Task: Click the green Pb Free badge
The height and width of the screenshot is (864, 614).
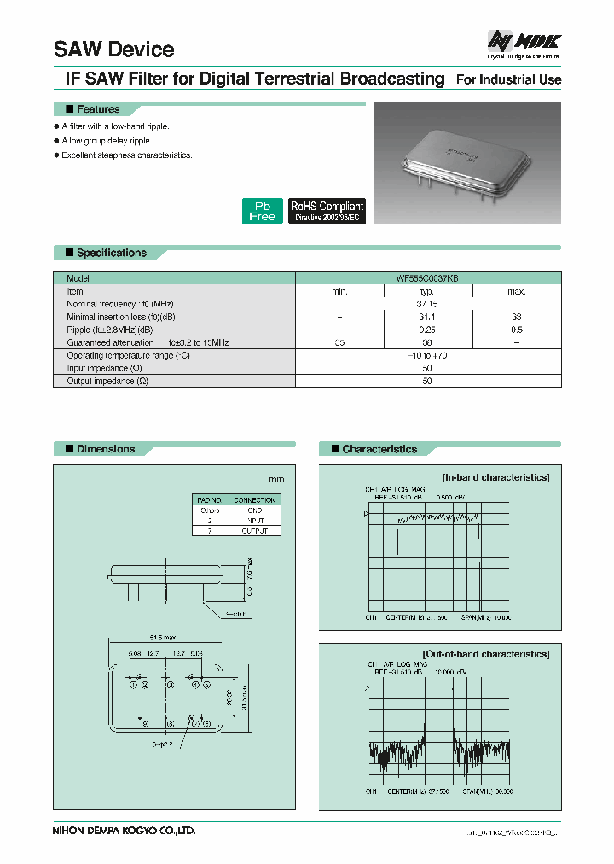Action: coord(262,211)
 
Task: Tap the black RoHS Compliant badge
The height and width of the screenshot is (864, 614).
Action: coord(327,211)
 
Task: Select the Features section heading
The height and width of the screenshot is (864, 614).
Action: coord(98,109)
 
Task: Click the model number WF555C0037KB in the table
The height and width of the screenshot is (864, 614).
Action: coord(427,278)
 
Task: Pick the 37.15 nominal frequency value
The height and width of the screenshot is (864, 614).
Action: coord(427,303)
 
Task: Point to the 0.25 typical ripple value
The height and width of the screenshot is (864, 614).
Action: coord(427,329)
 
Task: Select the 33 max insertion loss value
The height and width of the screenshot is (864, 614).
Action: coord(517,316)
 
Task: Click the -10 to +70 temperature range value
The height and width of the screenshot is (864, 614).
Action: coord(427,354)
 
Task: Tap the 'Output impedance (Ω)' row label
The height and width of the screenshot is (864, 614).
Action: coord(107,381)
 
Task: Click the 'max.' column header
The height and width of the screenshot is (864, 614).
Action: coord(517,291)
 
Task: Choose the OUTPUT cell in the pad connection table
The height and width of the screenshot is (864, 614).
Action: coord(254,530)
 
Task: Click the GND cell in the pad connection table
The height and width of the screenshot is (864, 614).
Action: coord(254,510)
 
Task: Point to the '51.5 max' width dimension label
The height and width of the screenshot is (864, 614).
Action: coord(163,637)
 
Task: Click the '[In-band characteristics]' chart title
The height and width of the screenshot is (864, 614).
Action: coord(495,477)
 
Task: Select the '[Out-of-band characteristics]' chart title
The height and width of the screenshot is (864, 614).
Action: coord(485,654)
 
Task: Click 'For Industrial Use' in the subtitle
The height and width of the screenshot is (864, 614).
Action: coord(508,79)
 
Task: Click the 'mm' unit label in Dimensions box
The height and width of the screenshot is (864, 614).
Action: coord(277,480)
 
